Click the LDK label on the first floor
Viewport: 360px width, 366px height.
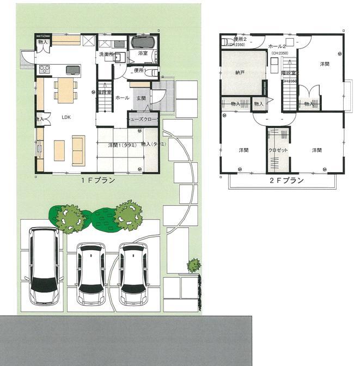pos(66,117)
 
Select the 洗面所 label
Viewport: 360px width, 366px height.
pos(106,54)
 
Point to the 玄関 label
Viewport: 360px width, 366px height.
pos(141,97)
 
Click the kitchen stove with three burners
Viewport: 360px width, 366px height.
pos(45,69)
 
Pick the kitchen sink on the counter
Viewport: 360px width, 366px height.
pos(73,69)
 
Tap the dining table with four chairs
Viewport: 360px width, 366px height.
pos(65,89)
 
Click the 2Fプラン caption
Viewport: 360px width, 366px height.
pos(285,181)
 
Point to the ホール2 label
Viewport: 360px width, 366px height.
pos(277,47)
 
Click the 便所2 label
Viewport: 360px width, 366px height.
pos(240,40)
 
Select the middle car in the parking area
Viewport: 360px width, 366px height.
pos(90,273)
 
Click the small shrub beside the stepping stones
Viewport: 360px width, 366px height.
pos(194,265)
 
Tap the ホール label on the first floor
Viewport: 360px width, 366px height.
pos(123,98)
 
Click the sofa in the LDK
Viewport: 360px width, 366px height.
pos(78,151)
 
